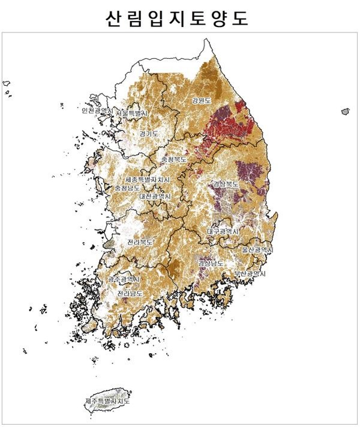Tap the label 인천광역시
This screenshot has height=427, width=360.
[x=97, y=111]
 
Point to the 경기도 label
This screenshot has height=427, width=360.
[x=149, y=133]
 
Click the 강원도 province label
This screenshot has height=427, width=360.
[x=202, y=100]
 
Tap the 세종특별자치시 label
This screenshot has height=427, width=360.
[x=148, y=180]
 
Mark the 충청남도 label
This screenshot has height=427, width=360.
[x=127, y=188]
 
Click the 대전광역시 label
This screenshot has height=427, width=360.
[x=155, y=196]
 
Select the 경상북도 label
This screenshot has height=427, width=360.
[x=226, y=184]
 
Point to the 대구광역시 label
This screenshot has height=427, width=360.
[x=223, y=231]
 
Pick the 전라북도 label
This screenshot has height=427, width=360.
[x=140, y=242]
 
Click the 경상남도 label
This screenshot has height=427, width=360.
[x=211, y=263]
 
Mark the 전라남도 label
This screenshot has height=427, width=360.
[x=130, y=294]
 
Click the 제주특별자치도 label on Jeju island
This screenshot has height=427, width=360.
[x=107, y=400]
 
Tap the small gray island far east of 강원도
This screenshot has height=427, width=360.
[x=345, y=111]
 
